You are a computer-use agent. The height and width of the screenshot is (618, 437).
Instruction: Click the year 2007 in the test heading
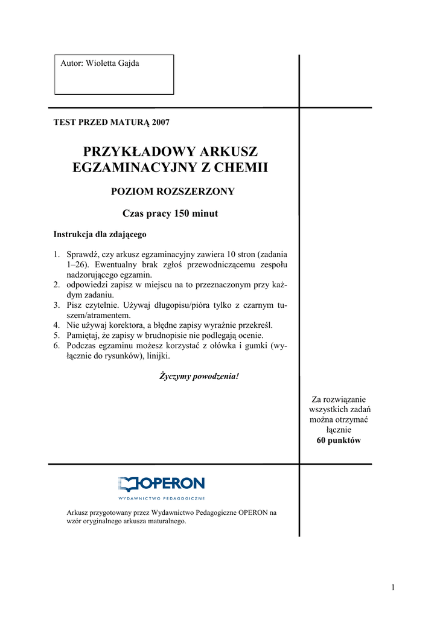pyautogui.click(x=161, y=123)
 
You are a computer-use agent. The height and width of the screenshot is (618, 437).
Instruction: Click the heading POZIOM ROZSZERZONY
pyautogui.click(x=170, y=192)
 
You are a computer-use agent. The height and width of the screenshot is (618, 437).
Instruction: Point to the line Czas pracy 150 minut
pyautogui.click(x=170, y=214)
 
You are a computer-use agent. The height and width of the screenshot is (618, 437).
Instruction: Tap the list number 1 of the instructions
pyautogui.click(x=56, y=255)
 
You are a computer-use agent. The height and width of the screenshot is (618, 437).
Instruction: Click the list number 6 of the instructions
pyautogui.click(x=56, y=346)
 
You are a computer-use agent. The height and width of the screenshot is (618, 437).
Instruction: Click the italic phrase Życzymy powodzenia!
pyautogui.click(x=199, y=377)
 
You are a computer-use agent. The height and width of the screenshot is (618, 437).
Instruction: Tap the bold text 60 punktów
pyautogui.click(x=339, y=441)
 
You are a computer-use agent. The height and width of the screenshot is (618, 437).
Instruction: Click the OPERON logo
pyautogui.click(x=161, y=485)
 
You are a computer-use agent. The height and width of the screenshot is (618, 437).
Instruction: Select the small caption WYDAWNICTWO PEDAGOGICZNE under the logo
pyautogui.click(x=161, y=499)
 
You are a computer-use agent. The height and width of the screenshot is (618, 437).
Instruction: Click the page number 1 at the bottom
pyautogui.click(x=392, y=588)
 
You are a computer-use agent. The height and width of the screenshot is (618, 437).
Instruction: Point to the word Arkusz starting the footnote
pyautogui.click(x=77, y=513)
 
